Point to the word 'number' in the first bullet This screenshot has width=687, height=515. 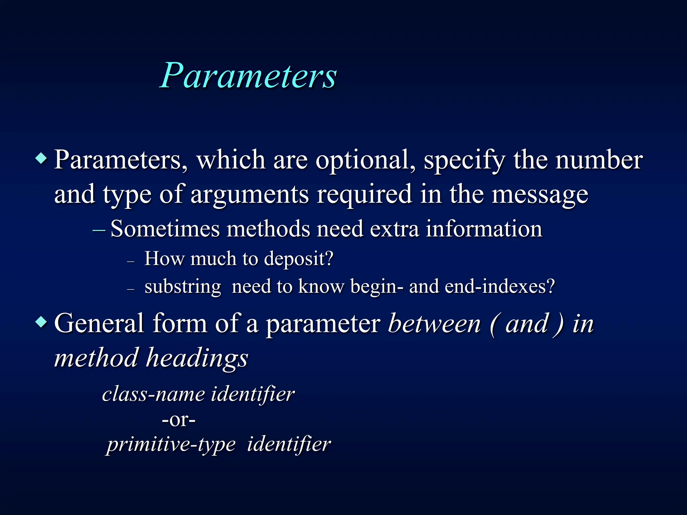point(599,160)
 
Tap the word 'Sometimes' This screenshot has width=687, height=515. point(165,229)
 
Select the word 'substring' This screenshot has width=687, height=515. point(183,287)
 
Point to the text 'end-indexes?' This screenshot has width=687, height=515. point(500,287)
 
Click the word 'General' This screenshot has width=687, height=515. point(99,324)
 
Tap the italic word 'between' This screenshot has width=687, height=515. point(434,324)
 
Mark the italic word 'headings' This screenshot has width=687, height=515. point(197,358)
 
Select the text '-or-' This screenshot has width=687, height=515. point(178,419)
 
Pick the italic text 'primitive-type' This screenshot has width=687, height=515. point(171,445)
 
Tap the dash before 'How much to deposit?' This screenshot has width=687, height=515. point(131,261)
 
